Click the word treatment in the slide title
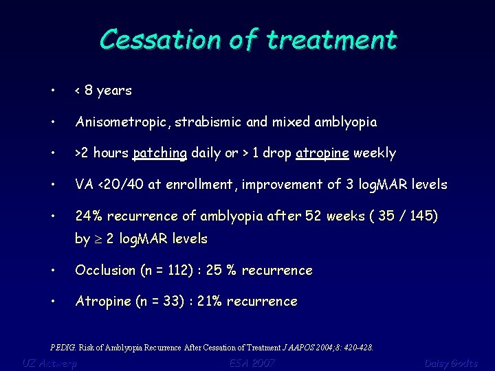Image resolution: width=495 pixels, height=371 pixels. pos(332,39)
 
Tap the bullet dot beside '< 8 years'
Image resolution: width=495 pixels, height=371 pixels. pos(53,91)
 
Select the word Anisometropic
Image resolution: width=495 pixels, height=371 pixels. pos(123,122)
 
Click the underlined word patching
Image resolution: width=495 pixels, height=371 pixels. pos(159,153)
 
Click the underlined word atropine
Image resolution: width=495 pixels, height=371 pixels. pos(322,153)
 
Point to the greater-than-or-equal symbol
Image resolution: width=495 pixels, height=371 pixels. pos(98,239)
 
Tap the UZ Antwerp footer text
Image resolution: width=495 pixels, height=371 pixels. pos(49,363)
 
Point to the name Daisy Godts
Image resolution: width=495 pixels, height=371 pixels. pos(450,363)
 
